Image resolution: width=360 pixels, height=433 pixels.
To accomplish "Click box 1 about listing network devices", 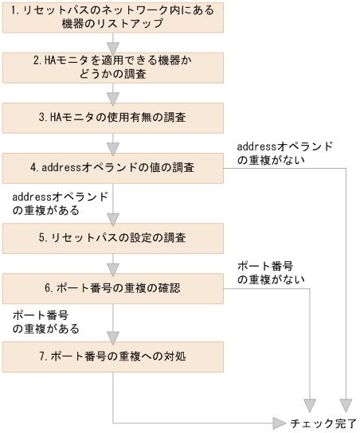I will pos(112,17).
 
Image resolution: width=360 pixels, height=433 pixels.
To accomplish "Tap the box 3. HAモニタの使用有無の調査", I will pos(112,117).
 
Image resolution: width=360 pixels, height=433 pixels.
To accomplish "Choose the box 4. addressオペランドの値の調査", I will pos(112,167).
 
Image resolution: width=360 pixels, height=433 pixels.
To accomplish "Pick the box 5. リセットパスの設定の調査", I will pos(112,236).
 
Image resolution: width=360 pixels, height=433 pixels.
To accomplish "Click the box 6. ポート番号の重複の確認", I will pos(112,287).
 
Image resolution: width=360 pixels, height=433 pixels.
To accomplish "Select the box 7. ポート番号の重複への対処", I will pos(112,356).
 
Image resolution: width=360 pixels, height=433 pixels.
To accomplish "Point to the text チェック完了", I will pos(323,422).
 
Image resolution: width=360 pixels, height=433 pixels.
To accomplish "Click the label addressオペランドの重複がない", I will pos(284,153).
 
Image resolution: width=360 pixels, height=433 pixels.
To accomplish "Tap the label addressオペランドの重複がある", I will pos(60,202).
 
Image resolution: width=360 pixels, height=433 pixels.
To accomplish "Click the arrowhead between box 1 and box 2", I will pos(112,45).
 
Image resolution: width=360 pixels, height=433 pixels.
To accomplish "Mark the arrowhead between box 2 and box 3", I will pos(112,96).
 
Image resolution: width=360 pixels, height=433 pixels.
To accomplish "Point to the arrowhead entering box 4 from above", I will pos(112,146).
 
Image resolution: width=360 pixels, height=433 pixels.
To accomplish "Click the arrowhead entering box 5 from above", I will pos(112,216).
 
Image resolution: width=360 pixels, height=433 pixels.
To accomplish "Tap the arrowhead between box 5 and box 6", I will pos(112,266).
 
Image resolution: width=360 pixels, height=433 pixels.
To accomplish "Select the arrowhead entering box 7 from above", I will pos(112,335).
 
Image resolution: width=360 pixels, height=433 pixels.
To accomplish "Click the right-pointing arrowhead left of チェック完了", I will pos(279,422).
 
